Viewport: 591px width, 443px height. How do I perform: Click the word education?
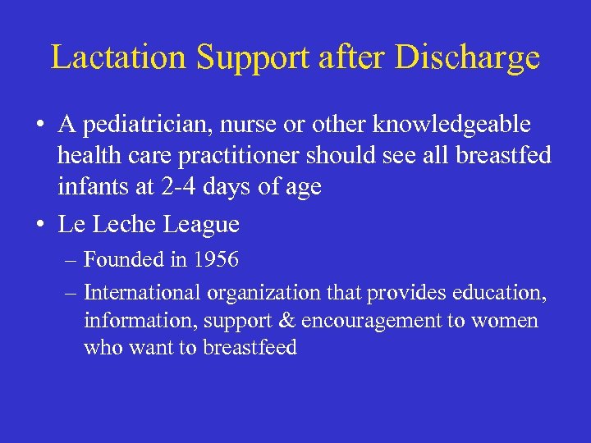pyautogui.click(x=499, y=293)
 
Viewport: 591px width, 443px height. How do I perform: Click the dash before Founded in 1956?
pyautogui.click(x=71, y=261)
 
